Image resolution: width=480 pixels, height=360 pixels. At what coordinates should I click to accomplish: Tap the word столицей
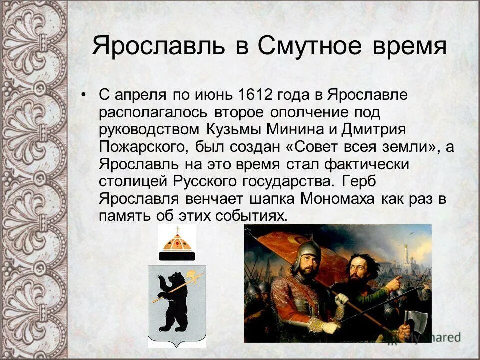[x=134, y=181]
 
